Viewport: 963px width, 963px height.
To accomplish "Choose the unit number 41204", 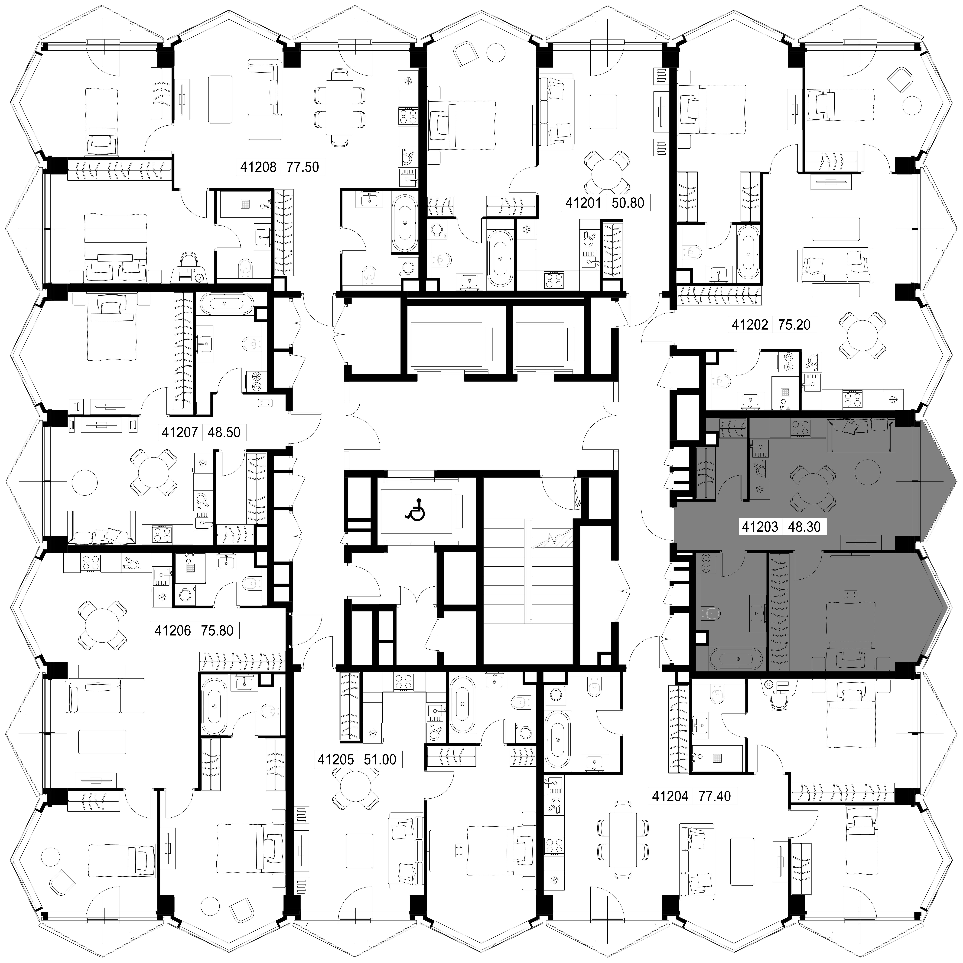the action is pyautogui.click(x=670, y=796).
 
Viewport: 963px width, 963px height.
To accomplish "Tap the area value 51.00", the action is pyautogui.click(x=380, y=760).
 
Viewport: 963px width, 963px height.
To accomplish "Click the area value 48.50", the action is pyautogui.click(x=224, y=432).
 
